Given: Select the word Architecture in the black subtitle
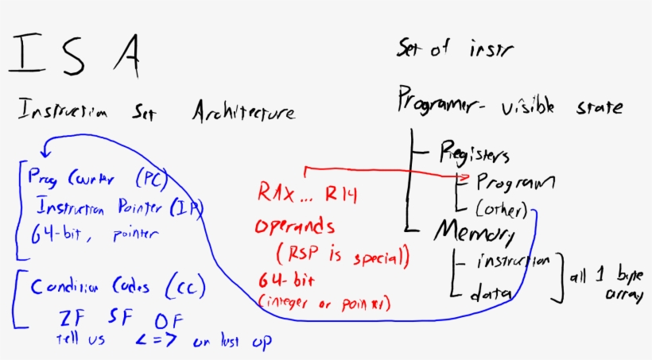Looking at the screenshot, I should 243,113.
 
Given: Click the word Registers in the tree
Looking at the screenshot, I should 474,153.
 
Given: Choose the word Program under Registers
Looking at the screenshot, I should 514,183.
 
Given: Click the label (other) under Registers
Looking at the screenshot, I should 502,211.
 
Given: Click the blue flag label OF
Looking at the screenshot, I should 168,320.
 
